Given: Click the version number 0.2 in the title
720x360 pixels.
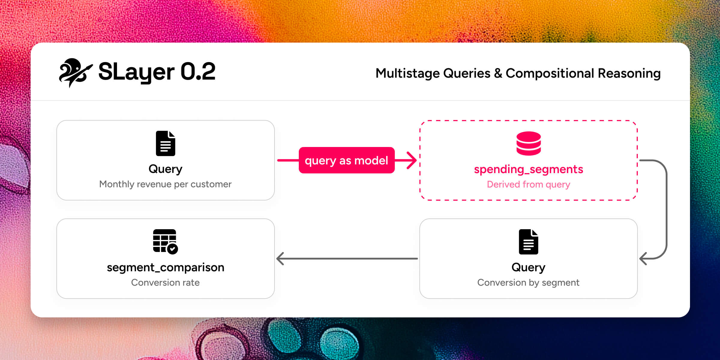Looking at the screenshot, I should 198,72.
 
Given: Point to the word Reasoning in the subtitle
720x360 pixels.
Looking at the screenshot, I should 629,73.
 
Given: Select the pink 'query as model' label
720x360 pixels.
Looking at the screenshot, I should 346,160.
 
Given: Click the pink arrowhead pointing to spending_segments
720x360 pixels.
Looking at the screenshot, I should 412,160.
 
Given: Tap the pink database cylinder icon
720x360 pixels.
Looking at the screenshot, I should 529,143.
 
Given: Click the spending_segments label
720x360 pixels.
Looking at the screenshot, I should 529,169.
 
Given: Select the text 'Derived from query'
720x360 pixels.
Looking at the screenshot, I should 529,184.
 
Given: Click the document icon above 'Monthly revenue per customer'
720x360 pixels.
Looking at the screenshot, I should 166,143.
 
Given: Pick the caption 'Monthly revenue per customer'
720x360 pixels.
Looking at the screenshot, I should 166,184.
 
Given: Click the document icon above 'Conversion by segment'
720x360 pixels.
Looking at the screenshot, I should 529,242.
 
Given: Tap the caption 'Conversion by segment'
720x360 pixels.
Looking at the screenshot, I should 529,282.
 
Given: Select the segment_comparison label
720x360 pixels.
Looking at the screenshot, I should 166,267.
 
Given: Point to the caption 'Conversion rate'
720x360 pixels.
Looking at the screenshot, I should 166,282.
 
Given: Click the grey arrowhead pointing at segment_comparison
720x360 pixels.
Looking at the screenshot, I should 280,259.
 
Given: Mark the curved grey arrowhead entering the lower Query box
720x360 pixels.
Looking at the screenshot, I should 643,259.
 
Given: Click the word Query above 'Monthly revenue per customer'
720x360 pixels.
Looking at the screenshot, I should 166,169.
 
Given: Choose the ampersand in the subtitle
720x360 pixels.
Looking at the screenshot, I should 498,73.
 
